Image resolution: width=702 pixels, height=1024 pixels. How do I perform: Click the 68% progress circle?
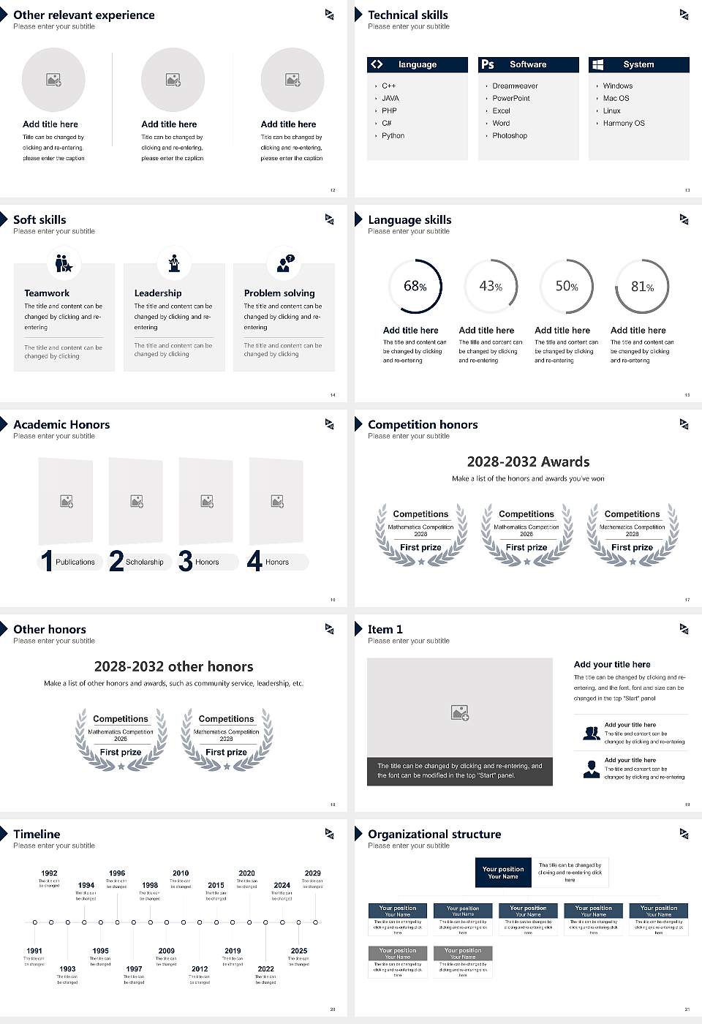415,286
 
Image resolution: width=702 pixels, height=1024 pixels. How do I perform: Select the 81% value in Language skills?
642,287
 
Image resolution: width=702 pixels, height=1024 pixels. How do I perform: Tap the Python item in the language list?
393,135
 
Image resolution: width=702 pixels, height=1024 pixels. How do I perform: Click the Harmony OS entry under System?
624,123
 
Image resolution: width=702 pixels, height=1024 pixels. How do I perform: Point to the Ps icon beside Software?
488,64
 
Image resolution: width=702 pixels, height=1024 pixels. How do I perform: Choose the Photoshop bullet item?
510,135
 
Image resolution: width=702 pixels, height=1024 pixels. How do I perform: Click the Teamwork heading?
47,293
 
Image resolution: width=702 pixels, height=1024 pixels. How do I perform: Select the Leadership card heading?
158,293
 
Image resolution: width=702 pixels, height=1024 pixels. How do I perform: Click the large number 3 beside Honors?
186,561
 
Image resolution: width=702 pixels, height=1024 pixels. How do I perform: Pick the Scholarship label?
144,562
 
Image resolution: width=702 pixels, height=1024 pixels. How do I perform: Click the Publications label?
75,562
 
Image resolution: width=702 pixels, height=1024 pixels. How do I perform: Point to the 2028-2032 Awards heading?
528,462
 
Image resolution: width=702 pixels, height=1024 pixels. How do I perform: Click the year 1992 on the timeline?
49,873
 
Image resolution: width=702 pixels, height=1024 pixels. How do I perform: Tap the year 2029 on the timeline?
312,873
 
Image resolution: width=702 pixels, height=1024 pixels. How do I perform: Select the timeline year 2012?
200,968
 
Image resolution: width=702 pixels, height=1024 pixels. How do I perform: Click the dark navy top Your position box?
503,873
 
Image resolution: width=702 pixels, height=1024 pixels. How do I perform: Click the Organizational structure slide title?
434,834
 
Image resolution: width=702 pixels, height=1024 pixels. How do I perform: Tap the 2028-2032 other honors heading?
173,666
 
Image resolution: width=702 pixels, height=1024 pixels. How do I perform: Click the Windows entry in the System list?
618,86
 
